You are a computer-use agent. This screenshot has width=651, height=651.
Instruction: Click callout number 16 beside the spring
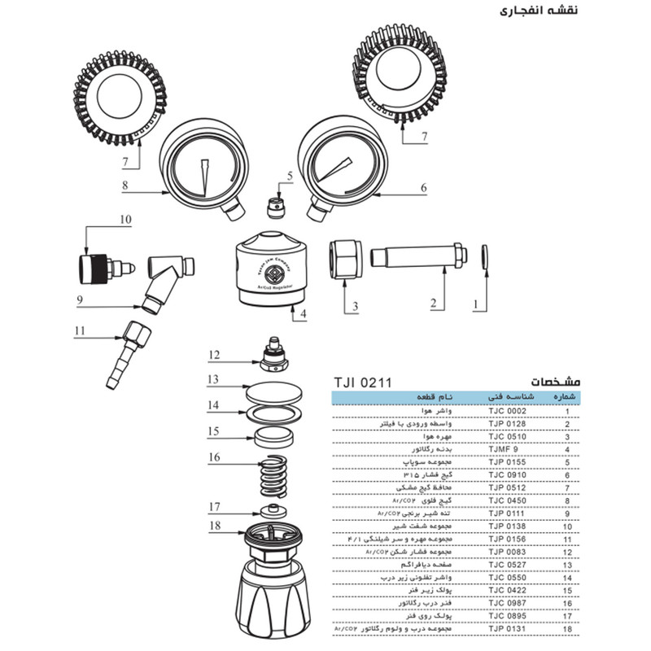[x=214, y=457]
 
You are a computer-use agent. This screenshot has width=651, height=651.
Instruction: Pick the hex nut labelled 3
[x=343, y=258]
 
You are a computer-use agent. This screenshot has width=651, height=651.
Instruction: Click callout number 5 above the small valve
[x=288, y=175]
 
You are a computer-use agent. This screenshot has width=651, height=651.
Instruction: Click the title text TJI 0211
[x=363, y=381]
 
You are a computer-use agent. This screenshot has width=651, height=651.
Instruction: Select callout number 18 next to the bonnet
[x=214, y=526]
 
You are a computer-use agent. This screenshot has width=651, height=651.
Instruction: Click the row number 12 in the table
[x=566, y=553]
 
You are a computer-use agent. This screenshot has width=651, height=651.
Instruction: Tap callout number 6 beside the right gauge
[x=424, y=186]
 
